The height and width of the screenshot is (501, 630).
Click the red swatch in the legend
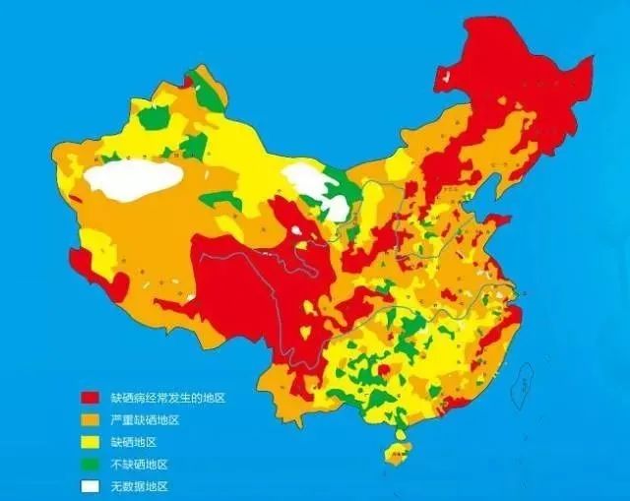90,399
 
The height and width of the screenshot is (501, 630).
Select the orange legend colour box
90,420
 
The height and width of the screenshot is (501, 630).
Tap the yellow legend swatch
90,442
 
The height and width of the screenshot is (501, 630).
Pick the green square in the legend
90,464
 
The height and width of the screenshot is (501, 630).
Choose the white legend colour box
90,486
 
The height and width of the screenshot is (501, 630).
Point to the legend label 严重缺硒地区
145,420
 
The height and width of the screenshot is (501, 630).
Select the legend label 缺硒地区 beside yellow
133,442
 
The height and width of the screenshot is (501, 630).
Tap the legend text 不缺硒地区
139,464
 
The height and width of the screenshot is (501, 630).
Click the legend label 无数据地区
139,486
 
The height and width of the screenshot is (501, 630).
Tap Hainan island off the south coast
397,454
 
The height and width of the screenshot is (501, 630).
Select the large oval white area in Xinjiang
134,180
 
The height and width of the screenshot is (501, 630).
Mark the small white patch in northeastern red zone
448,76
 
